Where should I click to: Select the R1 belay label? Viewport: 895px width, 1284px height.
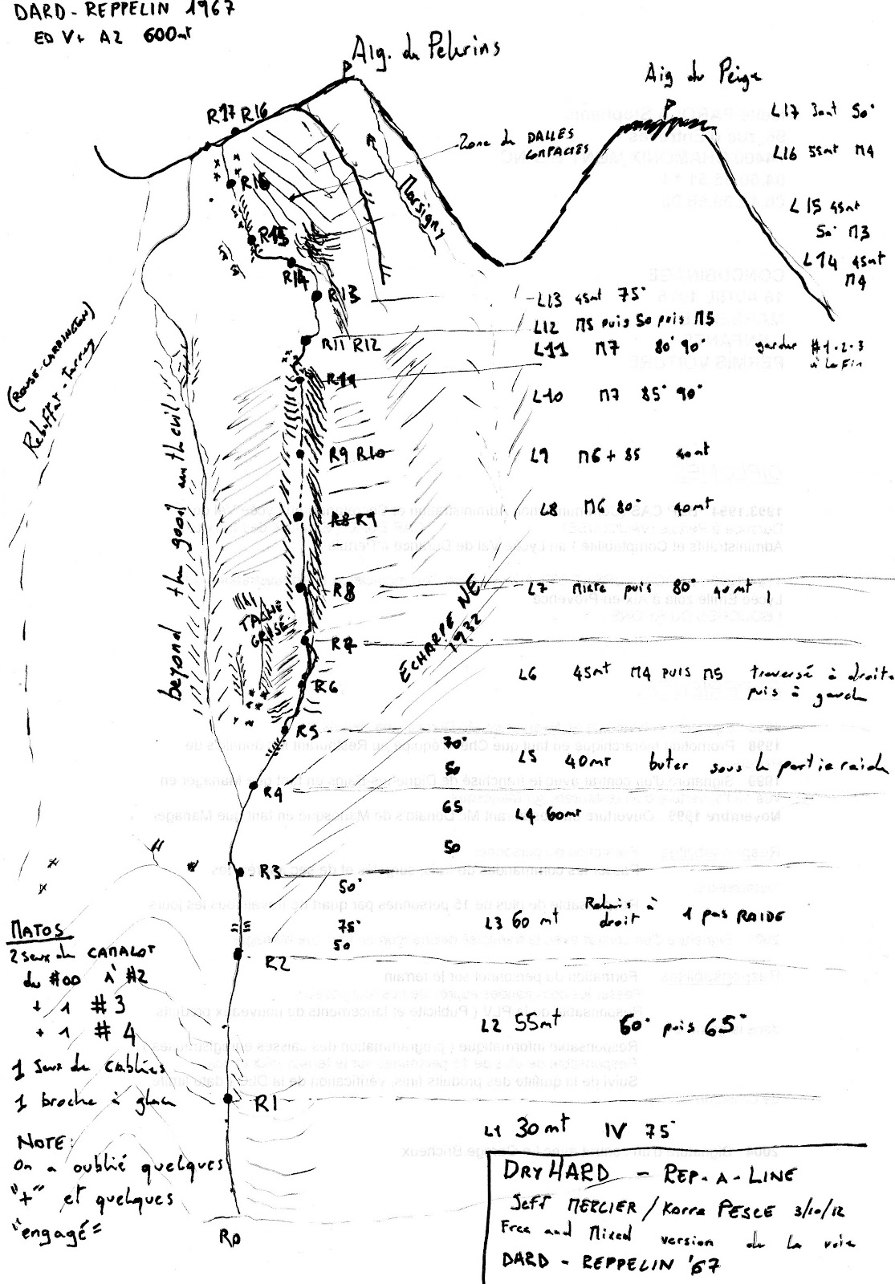265,1105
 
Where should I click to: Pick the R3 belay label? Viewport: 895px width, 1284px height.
271,872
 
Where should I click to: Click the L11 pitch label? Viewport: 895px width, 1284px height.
551,350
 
